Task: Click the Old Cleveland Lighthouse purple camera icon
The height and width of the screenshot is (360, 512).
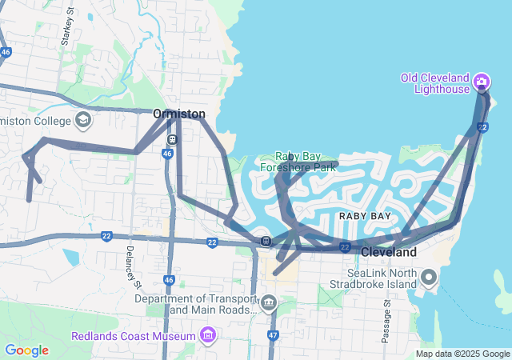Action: tap(481, 81)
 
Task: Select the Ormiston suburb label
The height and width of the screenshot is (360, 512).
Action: tap(179, 114)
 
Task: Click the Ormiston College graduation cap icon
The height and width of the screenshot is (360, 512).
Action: tap(82, 121)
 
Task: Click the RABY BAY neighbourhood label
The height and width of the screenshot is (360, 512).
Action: tap(365, 216)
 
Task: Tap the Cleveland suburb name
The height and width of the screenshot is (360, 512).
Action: tap(389, 252)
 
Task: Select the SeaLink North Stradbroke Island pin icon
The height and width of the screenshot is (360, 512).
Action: tap(429, 278)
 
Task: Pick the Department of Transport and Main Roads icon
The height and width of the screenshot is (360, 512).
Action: tap(269, 303)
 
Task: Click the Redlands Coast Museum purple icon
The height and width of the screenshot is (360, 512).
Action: tap(209, 334)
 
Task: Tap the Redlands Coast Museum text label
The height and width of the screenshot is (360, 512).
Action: tap(134, 335)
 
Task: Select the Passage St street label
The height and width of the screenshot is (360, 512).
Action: tap(386, 321)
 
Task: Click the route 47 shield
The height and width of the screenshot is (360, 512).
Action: tap(273, 335)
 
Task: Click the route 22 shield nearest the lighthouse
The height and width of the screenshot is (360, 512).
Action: tap(482, 127)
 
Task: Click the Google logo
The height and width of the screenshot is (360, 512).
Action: tap(26, 350)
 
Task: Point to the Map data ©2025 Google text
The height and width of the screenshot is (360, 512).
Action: tap(462, 354)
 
